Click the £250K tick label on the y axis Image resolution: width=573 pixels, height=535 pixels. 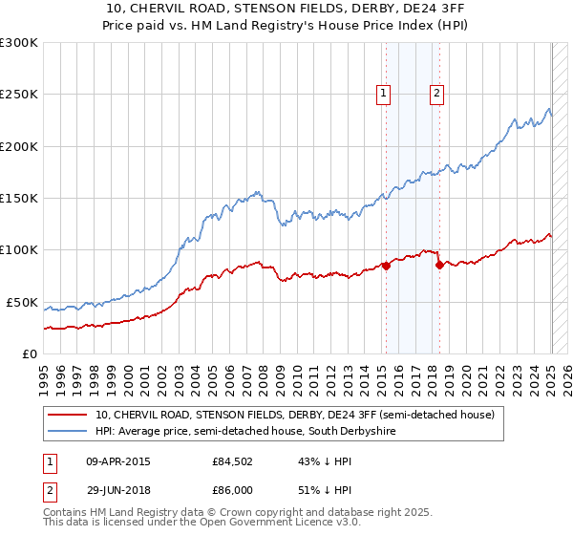[x=19, y=95]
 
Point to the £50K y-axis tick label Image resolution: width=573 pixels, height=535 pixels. [x=22, y=302]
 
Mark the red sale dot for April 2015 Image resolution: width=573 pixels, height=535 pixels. [x=386, y=267]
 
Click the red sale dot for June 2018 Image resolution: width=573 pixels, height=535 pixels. [x=439, y=265]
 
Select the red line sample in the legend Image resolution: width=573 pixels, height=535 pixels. [x=68, y=415]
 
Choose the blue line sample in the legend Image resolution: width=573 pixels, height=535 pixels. [x=68, y=431]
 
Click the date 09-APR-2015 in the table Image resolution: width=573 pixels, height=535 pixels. [x=118, y=462]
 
